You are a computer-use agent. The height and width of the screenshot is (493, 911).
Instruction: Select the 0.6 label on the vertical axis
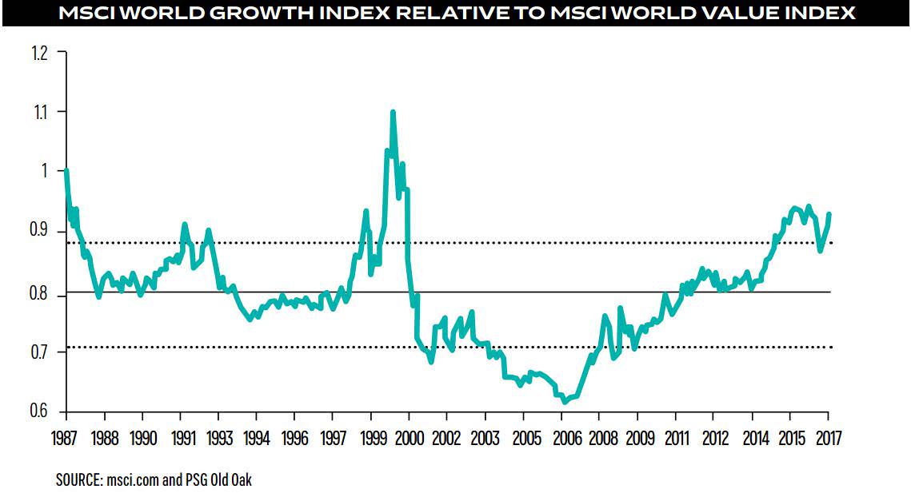(39, 411)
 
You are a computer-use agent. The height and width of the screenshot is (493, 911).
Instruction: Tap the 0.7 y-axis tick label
(39, 352)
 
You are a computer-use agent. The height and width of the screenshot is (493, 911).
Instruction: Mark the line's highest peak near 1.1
(393, 112)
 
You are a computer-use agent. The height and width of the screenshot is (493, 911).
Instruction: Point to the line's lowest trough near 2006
(565, 402)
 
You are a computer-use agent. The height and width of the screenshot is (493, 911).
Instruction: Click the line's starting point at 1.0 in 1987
(66, 170)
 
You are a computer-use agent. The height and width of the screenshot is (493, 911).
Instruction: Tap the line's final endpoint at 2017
(829, 214)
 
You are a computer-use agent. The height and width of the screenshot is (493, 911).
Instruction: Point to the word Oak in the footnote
(242, 480)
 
